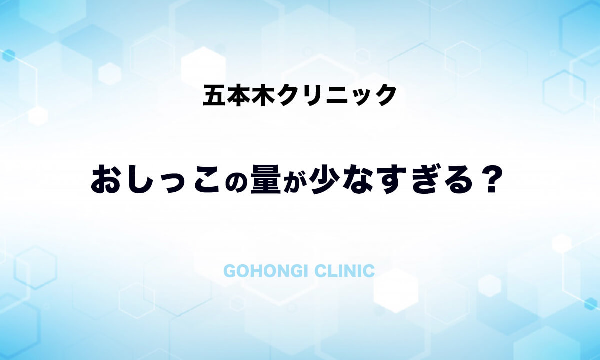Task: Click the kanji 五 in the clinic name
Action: (x=214, y=95)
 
